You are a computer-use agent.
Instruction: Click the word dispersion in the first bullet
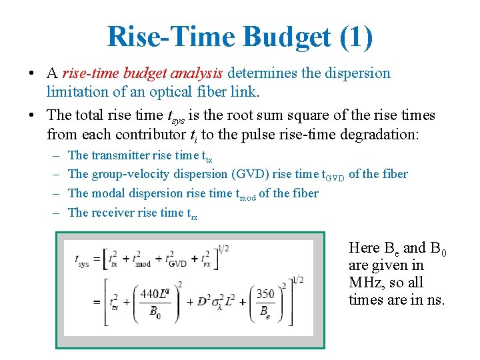tap(357, 73)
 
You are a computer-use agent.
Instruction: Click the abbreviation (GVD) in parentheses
tap(249, 174)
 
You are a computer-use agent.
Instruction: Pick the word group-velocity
tap(131, 174)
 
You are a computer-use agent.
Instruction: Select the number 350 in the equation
tap(265, 293)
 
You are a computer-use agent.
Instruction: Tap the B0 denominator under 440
tap(154, 311)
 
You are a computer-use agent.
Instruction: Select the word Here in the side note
tap(364, 248)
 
